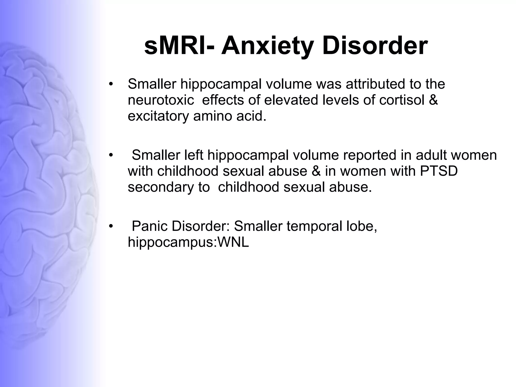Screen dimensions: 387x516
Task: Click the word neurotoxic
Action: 161,100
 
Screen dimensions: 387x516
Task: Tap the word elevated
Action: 291,100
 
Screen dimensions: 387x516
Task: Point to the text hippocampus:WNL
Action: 188,242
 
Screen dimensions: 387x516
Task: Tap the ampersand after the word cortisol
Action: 433,100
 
